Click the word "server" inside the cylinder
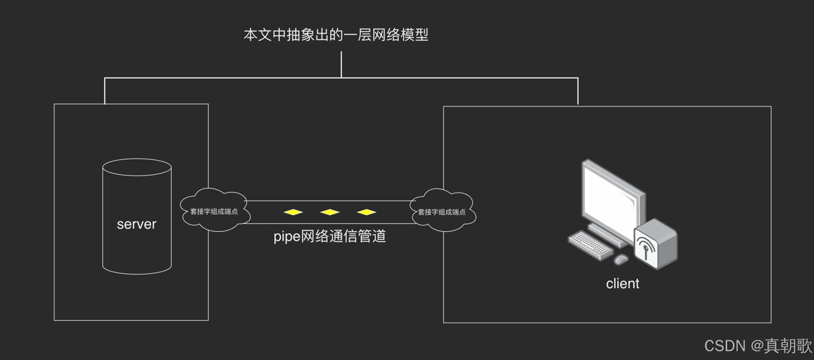click(x=136, y=224)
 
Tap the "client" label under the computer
click(x=622, y=283)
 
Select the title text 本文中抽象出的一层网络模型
click(x=336, y=35)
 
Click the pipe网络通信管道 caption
click(x=330, y=237)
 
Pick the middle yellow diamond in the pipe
click(x=330, y=212)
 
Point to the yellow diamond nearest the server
click(x=293, y=212)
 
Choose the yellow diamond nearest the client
click(x=366, y=212)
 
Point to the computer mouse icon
click(x=621, y=259)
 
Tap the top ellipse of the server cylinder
click(x=136, y=167)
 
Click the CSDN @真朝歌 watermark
click(x=757, y=346)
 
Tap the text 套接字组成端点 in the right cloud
click(x=442, y=212)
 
